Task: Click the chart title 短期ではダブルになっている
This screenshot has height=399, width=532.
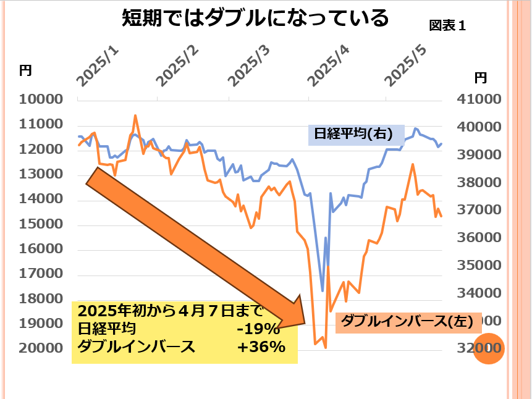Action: point(255,19)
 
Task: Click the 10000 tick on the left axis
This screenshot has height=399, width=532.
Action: point(41,99)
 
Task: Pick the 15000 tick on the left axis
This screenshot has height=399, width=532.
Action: point(41,224)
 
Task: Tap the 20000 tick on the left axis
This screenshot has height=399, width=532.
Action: point(41,348)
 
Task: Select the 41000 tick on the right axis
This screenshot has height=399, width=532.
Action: point(479,99)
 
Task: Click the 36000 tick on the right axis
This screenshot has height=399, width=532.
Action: point(479,238)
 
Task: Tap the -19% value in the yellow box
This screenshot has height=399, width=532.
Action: point(258,329)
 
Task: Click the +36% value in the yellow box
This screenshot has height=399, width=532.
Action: point(261,347)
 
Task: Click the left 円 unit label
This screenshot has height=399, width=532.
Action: point(25,70)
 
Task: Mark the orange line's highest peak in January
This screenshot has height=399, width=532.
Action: point(135,115)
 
